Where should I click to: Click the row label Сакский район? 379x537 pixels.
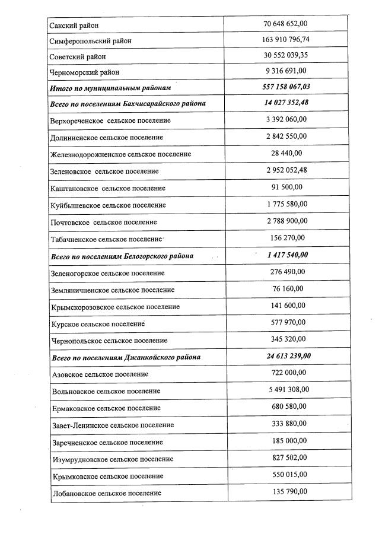click(x=74, y=25)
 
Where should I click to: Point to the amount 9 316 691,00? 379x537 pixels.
click(x=285, y=72)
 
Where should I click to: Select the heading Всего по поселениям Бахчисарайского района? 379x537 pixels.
click(x=128, y=103)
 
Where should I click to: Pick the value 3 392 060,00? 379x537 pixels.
click(x=285, y=119)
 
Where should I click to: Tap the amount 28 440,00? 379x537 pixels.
click(x=285, y=153)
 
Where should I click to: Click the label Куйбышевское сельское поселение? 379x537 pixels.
click(x=108, y=205)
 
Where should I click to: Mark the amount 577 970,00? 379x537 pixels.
click(x=285, y=322)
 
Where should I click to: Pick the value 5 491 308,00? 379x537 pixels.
click(x=285, y=390)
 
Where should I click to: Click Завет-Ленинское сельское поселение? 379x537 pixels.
click(x=112, y=425)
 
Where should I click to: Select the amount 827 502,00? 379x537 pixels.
click(x=285, y=457)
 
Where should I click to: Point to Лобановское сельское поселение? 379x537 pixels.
click(x=106, y=493)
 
